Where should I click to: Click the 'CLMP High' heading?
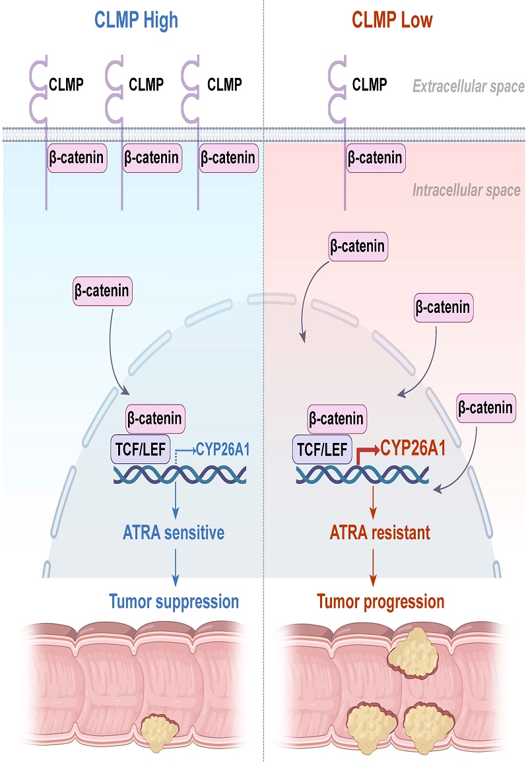point(131,20)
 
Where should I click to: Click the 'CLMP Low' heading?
point(393,20)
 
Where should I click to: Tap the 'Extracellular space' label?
point(468,86)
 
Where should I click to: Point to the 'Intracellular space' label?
point(466,191)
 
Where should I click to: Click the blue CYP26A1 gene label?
point(222,451)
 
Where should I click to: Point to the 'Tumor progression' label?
point(381,601)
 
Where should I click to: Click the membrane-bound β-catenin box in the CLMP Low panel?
point(374,158)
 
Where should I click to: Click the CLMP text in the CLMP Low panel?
point(370,84)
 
